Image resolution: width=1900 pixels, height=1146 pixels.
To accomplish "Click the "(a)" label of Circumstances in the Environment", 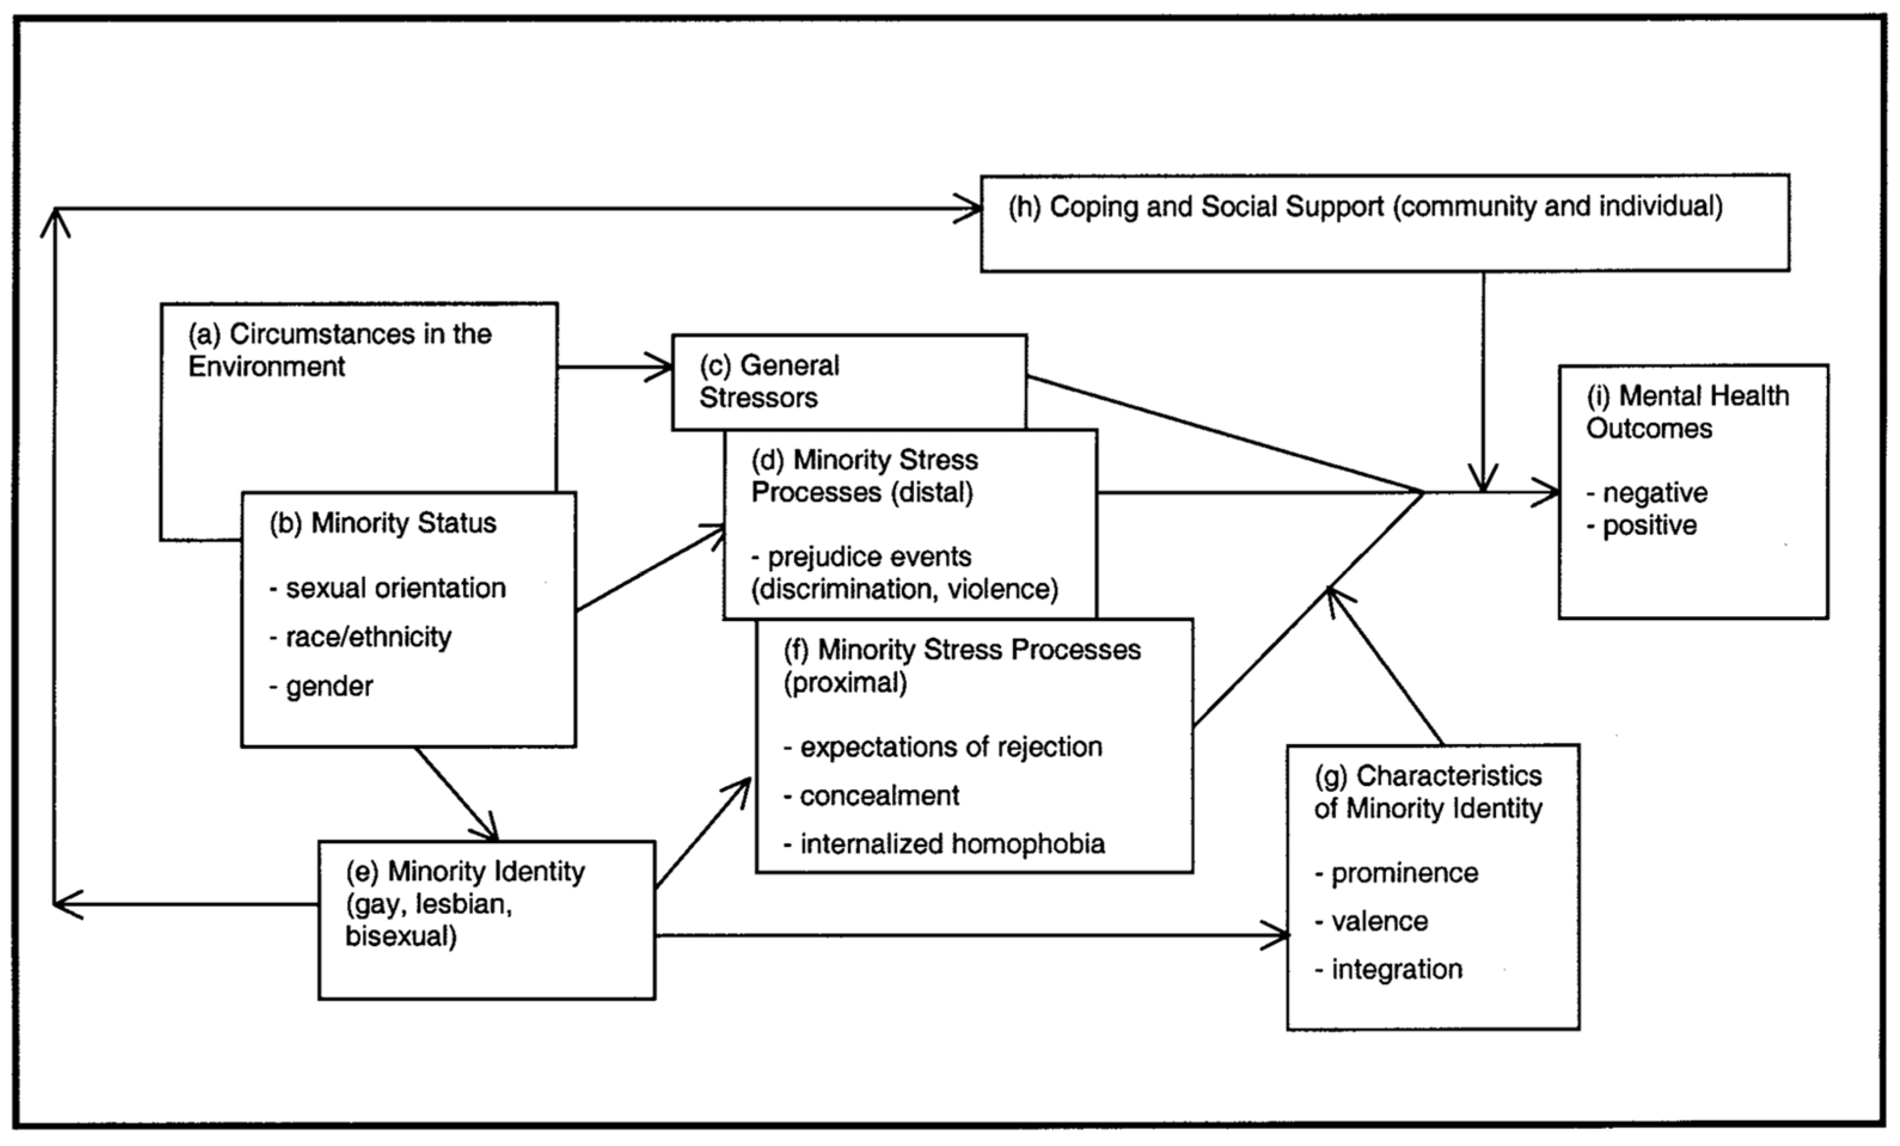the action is [x=205, y=334].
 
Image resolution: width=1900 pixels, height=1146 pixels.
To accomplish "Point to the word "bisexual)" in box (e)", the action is [x=401, y=936].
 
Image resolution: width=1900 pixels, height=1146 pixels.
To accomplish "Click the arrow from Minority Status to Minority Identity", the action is [x=456, y=794].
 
